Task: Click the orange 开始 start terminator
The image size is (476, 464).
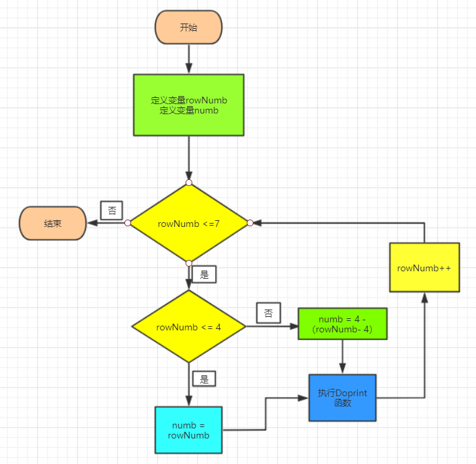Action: (x=188, y=28)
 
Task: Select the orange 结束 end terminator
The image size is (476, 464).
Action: (x=52, y=224)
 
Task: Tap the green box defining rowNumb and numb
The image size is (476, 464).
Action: (x=188, y=105)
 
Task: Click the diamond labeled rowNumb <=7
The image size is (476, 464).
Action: (x=188, y=223)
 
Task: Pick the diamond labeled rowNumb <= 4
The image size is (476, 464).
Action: (x=188, y=327)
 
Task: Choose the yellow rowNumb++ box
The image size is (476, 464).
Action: (x=424, y=267)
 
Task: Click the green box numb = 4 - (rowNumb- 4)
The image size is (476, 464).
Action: (x=343, y=324)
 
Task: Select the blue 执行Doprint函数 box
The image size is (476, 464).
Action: (x=342, y=398)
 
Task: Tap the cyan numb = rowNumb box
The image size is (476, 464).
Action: (x=188, y=430)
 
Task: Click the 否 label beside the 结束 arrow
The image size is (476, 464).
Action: (x=112, y=210)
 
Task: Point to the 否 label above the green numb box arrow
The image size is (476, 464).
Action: (x=268, y=313)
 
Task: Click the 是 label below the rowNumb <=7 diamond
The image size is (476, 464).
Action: (x=204, y=274)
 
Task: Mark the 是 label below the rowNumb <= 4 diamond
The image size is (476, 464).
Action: (x=204, y=378)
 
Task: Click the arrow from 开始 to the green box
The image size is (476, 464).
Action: (x=188, y=59)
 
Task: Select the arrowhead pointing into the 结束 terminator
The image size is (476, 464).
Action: (x=91, y=223)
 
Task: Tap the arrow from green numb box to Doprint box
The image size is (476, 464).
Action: (x=343, y=357)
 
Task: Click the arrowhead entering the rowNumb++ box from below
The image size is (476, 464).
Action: (x=424, y=297)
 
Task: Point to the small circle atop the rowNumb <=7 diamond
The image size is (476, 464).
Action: (x=189, y=183)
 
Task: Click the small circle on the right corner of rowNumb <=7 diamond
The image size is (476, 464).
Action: (x=249, y=223)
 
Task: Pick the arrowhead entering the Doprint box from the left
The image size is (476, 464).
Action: (x=304, y=398)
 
